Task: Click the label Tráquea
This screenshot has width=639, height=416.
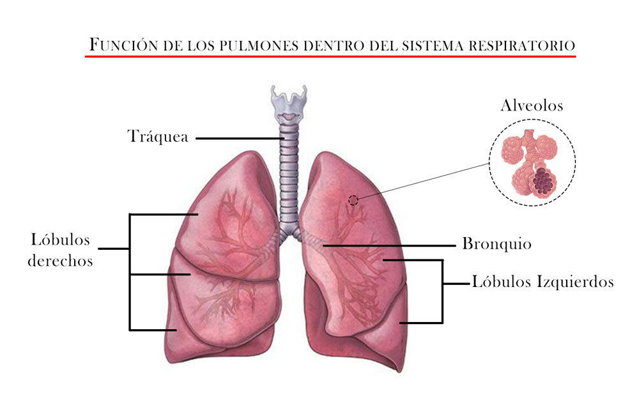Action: pos(158,137)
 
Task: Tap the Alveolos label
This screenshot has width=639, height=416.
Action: pos(532,105)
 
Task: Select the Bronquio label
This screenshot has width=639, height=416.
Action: pos(497,245)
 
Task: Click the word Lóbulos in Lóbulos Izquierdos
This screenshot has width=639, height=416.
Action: pos(500,282)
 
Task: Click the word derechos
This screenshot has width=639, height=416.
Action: pos(60,261)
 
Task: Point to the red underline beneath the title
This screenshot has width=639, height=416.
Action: pos(330,56)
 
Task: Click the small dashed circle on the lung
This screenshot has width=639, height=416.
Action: pos(353,200)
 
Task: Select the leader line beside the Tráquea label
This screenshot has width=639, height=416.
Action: pos(236,137)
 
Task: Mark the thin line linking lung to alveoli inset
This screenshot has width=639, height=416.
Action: pos(422,182)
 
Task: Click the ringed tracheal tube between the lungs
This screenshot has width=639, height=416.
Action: pos(289,173)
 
